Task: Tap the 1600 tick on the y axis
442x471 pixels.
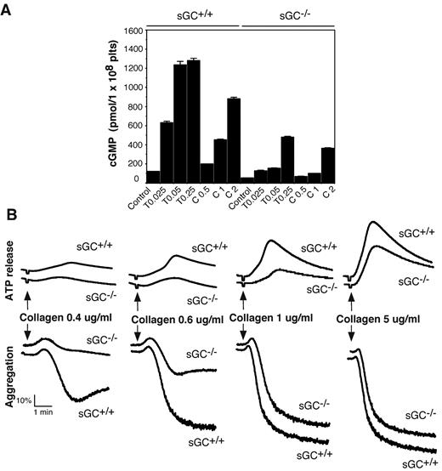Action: click(130, 31)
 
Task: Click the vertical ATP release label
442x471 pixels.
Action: click(9, 270)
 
